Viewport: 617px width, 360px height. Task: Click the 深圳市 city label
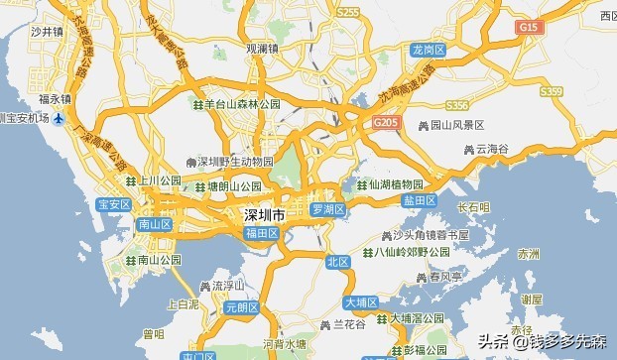click(x=265, y=214)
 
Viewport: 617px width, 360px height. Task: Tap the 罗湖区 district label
click(x=326, y=209)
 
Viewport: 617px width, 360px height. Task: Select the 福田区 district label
click(x=262, y=233)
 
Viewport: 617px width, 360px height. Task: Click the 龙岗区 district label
click(x=428, y=49)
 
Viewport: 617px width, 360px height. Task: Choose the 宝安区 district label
click(x=114, y=204)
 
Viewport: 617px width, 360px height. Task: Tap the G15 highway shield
click(x=530, y=30)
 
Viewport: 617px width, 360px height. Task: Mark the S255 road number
click(x=347, y=12)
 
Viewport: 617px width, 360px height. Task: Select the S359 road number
click(x=552, y=91)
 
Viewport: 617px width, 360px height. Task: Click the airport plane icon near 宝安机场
click(x=59, y=119)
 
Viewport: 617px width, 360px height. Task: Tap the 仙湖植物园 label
click(x=396, y=184)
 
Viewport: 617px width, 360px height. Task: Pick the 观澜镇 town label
click(x=263, y=48)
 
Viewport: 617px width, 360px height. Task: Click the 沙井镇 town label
click(x=47, y=32)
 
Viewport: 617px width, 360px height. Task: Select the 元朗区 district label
click(x=241, y=308)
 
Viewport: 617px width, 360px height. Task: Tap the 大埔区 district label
click(x=361, y=301)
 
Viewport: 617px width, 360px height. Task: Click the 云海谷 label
click(x=492, y=148)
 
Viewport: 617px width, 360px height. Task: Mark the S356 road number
click(x=457, y=104)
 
